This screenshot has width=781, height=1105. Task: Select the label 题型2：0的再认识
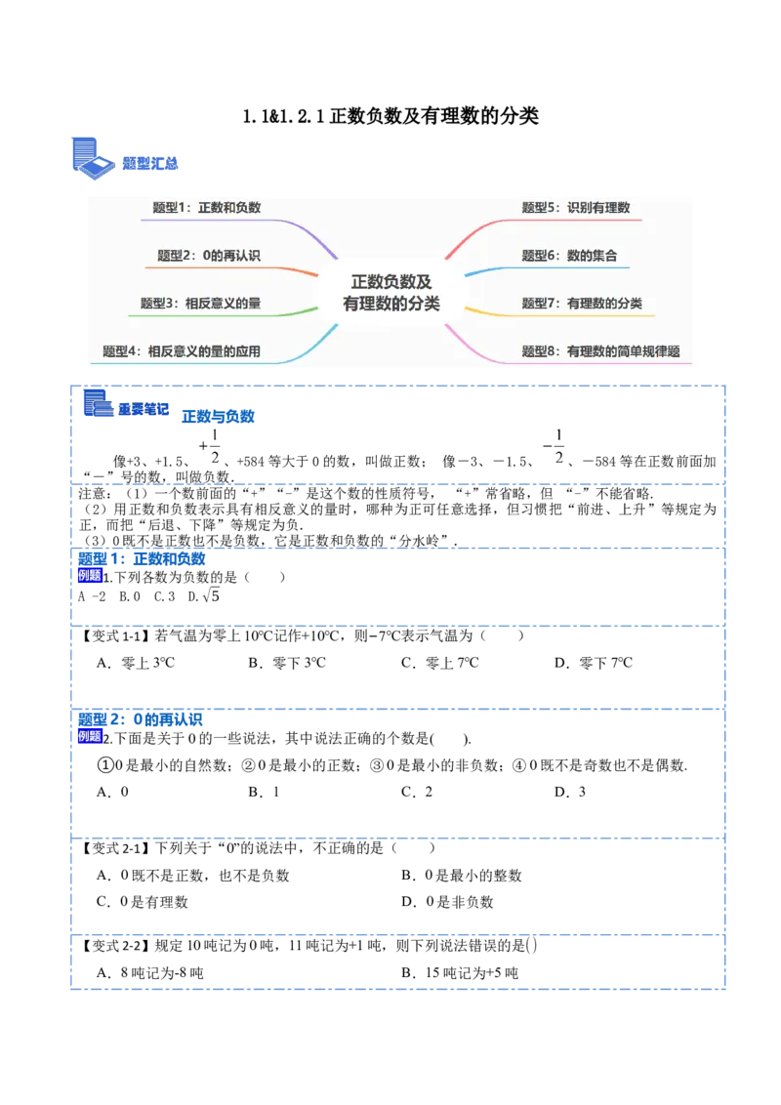tap(209, 256)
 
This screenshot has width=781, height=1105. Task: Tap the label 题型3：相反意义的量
tap(201, 304)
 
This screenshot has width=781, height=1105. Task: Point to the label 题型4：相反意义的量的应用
tap(182, 351)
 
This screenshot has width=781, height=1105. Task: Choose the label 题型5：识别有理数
tap(576, 208)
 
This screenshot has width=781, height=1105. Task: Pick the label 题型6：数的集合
tap(569, 256)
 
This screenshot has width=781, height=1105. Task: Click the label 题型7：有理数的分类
tap(582, 304)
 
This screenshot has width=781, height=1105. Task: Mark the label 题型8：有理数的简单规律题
tap(600, 351)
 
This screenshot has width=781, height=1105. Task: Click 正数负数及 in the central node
tap(391, 281)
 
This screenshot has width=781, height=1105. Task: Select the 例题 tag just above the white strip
tap(89, 576)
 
